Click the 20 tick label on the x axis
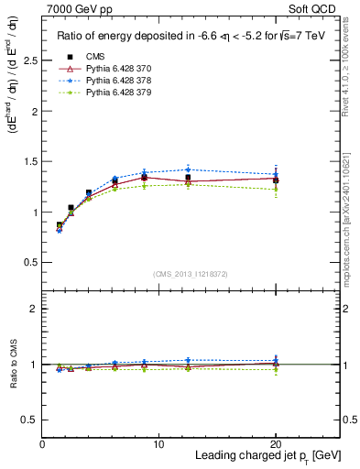click(275, 443)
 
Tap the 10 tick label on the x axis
click(158, 443)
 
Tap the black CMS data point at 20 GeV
click(275, 180)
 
